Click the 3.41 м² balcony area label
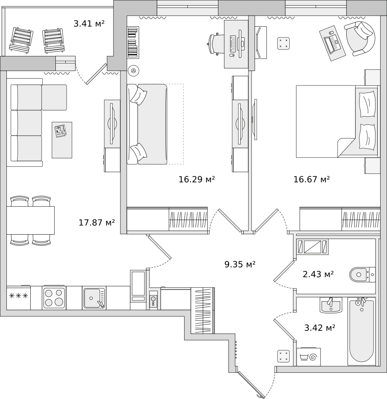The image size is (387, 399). click(x=89, y=24)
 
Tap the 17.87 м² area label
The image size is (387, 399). click(x=96, y=223)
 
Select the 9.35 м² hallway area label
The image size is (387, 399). click(x=240, y=265)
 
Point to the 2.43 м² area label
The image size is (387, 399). click(x=318, y=275)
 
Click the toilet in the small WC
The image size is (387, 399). click(x=362, y=275)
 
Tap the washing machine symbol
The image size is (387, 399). click(x=308, y=357)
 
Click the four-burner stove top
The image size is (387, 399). click(x=54, y=297)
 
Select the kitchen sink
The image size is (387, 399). click(x=94, y=298)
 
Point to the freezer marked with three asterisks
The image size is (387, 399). click(x=18, y=297)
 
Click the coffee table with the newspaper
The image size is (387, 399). click(x=62, y=140)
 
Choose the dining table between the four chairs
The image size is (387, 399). click(x=31, y=220)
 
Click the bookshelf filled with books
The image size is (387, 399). click(x=133, y=43)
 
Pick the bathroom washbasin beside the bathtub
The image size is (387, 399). click(x=330, y=305)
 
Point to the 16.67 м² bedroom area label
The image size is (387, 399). click(x=312, y=180)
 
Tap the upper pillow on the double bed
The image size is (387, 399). click(x=367, y=104)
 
